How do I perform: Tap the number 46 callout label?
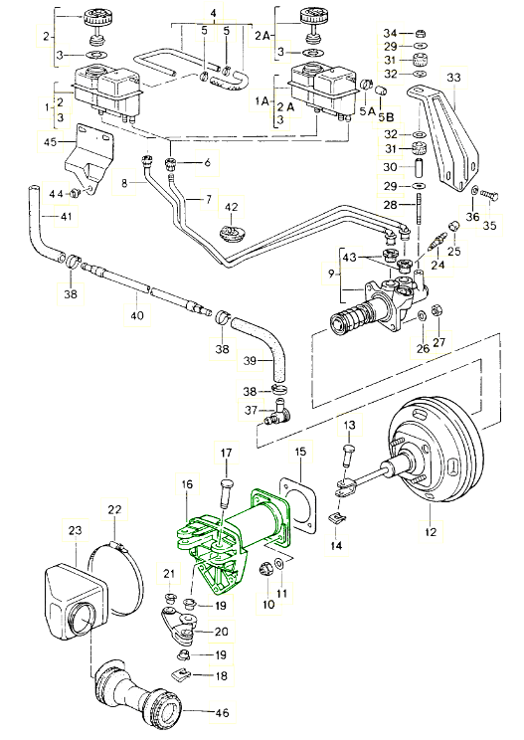tap(222, 712)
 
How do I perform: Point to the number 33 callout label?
tap(453, 77)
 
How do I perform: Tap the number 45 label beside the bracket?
tap(50, 141)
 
